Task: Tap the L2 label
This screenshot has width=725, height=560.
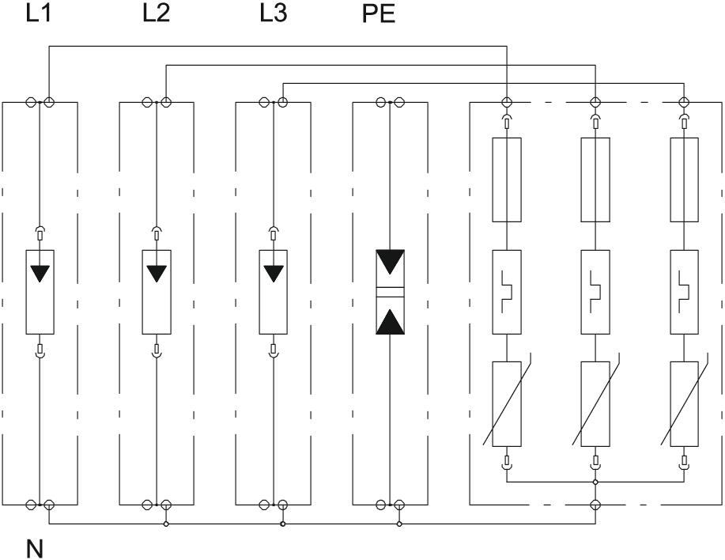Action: click(156, 15)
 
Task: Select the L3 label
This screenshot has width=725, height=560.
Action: click(273, 15)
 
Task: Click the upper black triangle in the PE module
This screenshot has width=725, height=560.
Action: click(391, 262)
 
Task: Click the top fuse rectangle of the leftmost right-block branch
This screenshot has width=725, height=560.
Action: click(506, 180)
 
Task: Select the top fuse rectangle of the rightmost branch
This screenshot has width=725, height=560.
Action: click(684, 180)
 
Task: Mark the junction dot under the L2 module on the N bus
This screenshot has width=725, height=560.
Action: click(165, 524)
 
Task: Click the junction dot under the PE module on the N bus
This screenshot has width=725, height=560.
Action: click(399, 524)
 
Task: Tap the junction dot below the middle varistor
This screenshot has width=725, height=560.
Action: click(595, 480)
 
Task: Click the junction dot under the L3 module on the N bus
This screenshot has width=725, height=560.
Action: click(282, 524)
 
